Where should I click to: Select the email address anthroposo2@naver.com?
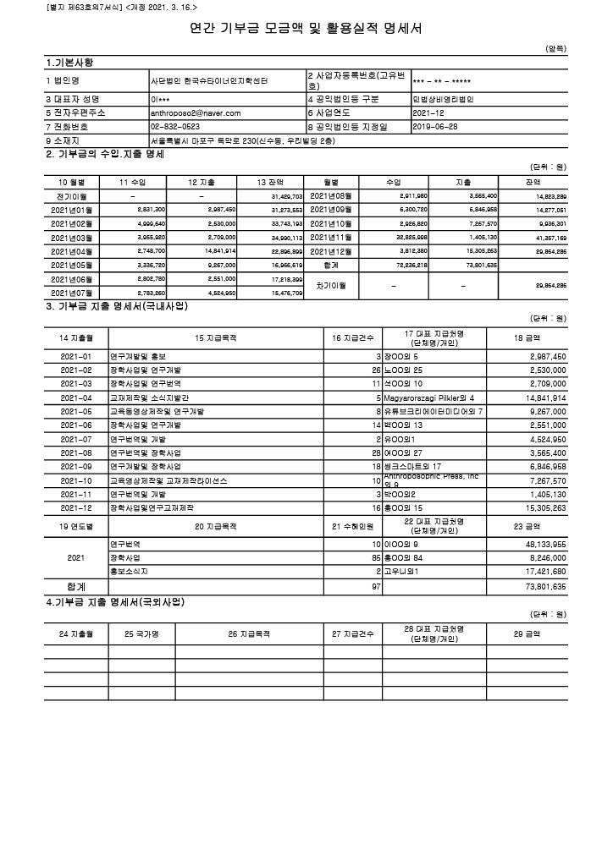(196, 112)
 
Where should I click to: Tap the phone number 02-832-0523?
(175, 127)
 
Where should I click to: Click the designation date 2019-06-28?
(435, 127)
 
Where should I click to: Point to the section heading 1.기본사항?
(70, 63)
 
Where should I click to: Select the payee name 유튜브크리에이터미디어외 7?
(437, 411)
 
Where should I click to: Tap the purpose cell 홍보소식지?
(129, 571)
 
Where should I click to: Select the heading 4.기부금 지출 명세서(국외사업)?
(115, 602)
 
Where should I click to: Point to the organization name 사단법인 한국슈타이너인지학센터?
(208, 81)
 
